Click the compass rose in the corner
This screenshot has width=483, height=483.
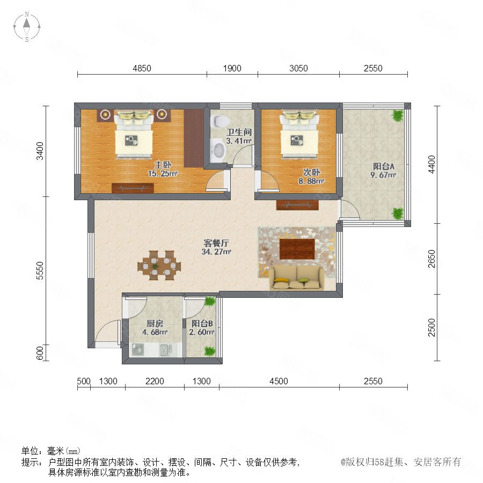pyautogui.click(x=27, y=27)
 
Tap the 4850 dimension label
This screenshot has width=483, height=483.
pyautogui.click(x=142, y=68)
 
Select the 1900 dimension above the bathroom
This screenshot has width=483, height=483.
pyautogui.click(x=232, y=68)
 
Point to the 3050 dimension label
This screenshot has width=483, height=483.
pyautogui.click(x=298, y=68)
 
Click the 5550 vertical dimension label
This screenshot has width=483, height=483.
pyautogui.click(x=40, y=270)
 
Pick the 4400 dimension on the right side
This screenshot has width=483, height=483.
pyautogui.click(x=431, y=165)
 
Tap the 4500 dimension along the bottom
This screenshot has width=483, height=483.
pyautogui.click(x=279, y=381)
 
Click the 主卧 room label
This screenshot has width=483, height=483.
pyautogui.click(x=163, y=165)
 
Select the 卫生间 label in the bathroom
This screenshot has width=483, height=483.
pyautogui.click(x=239, y=132)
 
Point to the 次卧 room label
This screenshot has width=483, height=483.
pyautogui.click(x=311, y=172)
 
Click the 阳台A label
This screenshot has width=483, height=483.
pyautogui.click(x=384, y=166)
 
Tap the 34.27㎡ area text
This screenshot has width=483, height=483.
pyautogui.click(x=216, y=252)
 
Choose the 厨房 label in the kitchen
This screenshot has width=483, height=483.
pyautogui.click(x=155, y=324)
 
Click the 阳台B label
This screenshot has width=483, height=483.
pyautogui.click(x=202, y=324)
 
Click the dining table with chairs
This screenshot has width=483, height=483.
pyautogui.click(x=159, y=265)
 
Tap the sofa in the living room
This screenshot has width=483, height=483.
pyautogui.click(x=297, y=277)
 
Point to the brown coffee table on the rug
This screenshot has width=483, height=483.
pyautogui.click(x=297, y=249)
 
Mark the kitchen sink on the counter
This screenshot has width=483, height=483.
pyautogui.click(x=166, y=350)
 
